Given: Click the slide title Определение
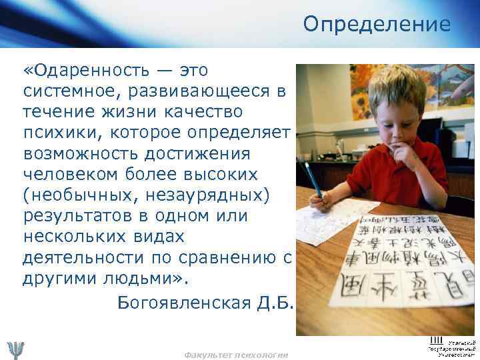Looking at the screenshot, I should pos(377,25).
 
